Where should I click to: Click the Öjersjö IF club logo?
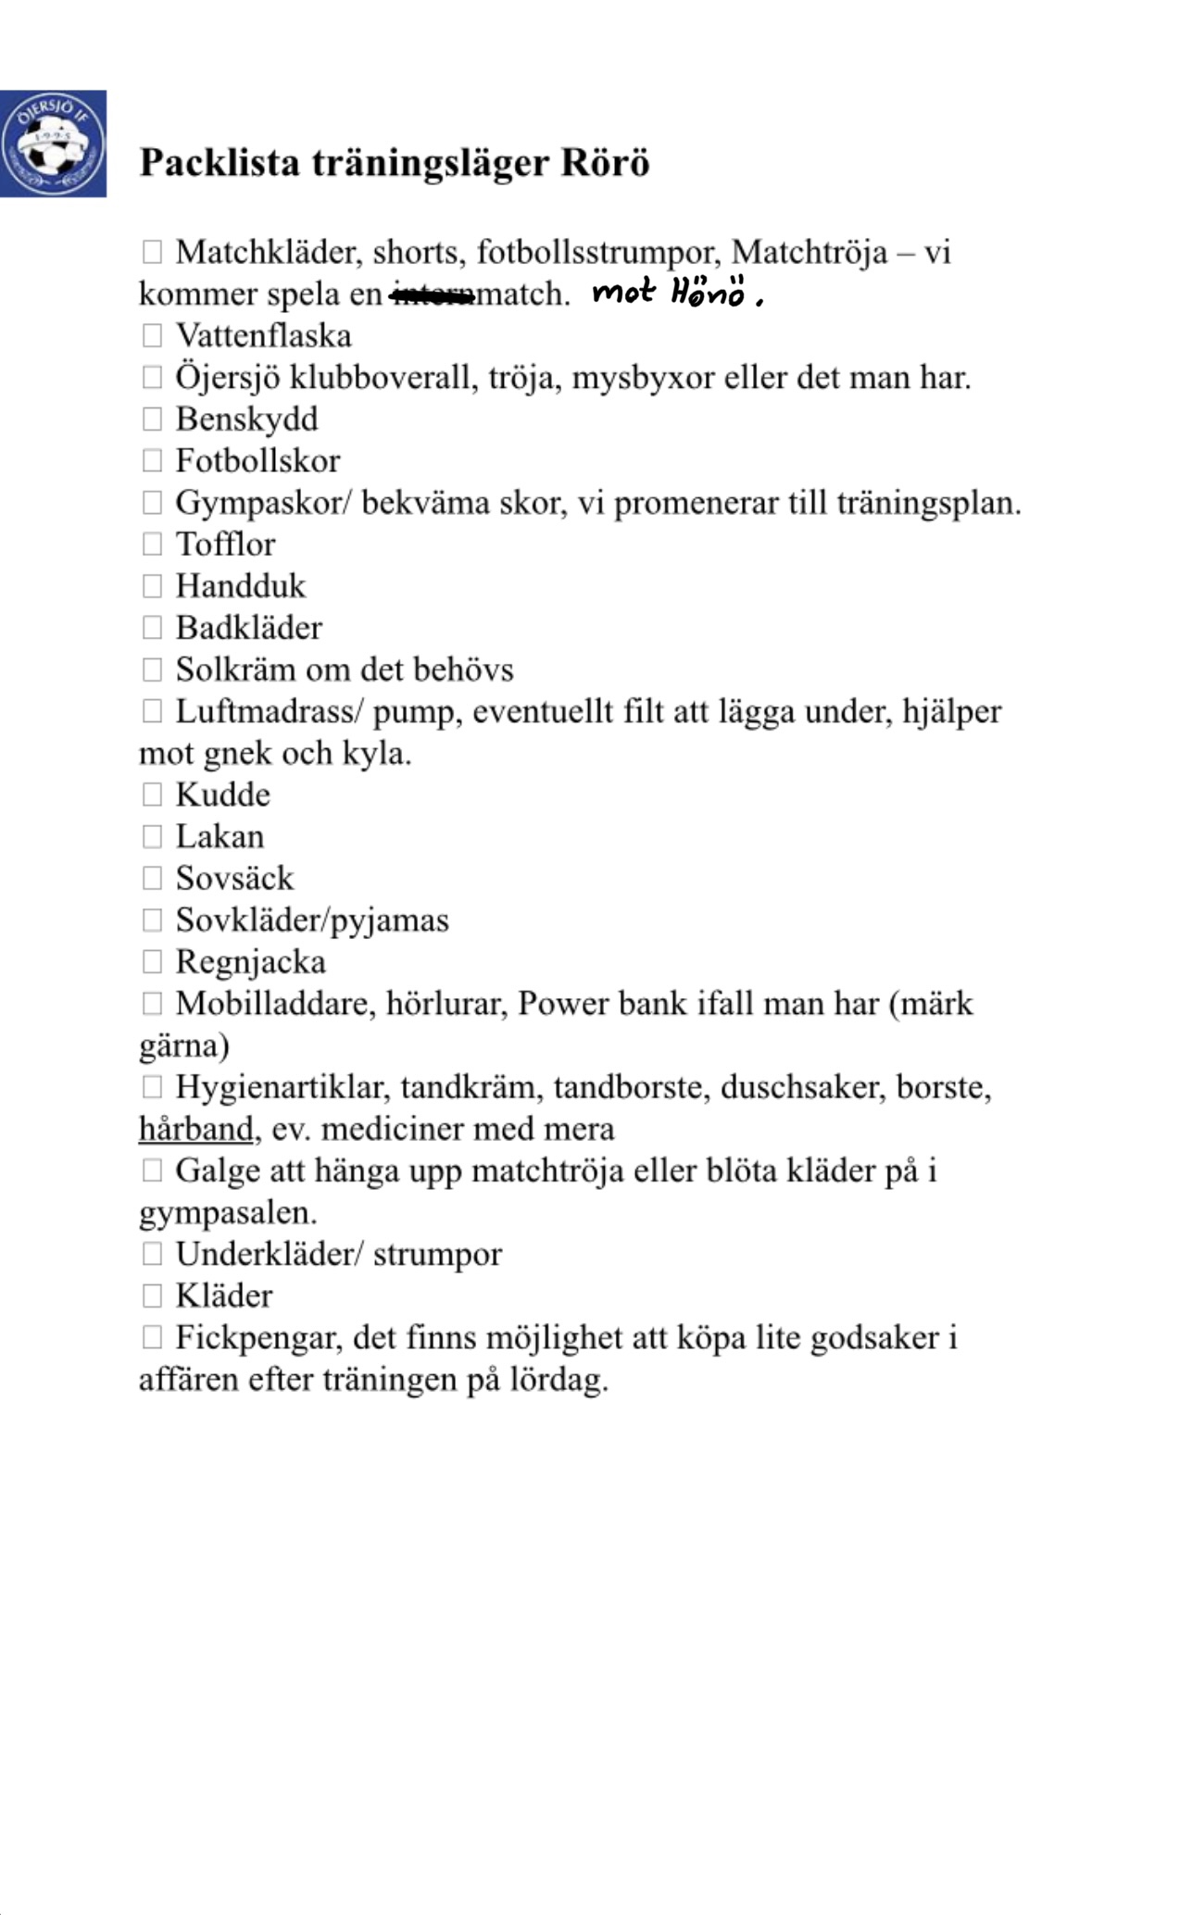coord(53,144)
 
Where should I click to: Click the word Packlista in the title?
coord(220,163)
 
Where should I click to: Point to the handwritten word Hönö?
coord(709,293)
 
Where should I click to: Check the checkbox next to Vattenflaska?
coord(152,335)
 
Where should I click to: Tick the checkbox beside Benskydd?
coord(152,419)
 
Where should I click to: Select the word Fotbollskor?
coord(257,460)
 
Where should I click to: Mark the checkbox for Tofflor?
coord(152,544)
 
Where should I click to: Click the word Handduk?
coord(240,585)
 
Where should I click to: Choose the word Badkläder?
coord(248,627)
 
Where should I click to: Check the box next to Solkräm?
coord(152,669)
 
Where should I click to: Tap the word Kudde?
coord(222,795)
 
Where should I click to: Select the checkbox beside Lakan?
coord(152,836)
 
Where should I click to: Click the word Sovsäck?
coord(234,878)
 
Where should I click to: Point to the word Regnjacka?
coord(250,961)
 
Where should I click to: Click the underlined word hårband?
coord(195,1129)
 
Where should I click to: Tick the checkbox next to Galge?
coord(152,1170)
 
